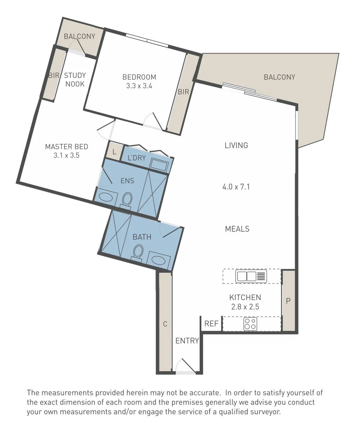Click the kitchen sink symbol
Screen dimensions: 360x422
tap(251, 276)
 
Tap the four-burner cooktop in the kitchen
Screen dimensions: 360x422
tap(250, 324)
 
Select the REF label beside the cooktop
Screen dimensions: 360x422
tap(211, 324)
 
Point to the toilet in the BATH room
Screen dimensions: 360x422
tap(138, 252)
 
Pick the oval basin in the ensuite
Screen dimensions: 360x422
tap(106, 197)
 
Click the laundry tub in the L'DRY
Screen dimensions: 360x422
tap(159, 164)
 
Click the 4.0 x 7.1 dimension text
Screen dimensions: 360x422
tap(236, 186)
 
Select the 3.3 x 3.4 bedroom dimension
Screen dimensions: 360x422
tap(139, 86)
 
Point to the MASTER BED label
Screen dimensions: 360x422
tap(66, 147)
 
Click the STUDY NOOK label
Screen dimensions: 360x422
tap(75, 80)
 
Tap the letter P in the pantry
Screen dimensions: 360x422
tap(288, 300)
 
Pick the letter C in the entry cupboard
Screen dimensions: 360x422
tap(165, 324)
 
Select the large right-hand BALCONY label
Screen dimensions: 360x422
tap(279, 77)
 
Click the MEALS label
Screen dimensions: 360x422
tap(237, 229)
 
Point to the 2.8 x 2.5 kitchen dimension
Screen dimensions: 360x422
tap(245, 307)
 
